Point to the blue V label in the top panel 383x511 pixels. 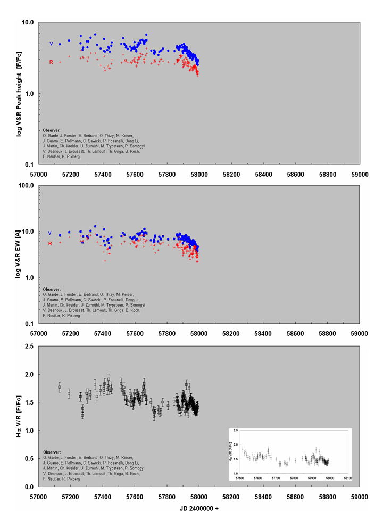pyautogui.click(x=52, y=44)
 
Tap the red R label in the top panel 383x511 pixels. pyautogui.click(x=51, y=62)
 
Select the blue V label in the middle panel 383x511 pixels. pyautogui.click(x=49, y=233)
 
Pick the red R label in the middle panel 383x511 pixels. pyautogui.click(x=49, y=244)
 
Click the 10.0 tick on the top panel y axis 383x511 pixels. pyautogui.click(x=27, y=23)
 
